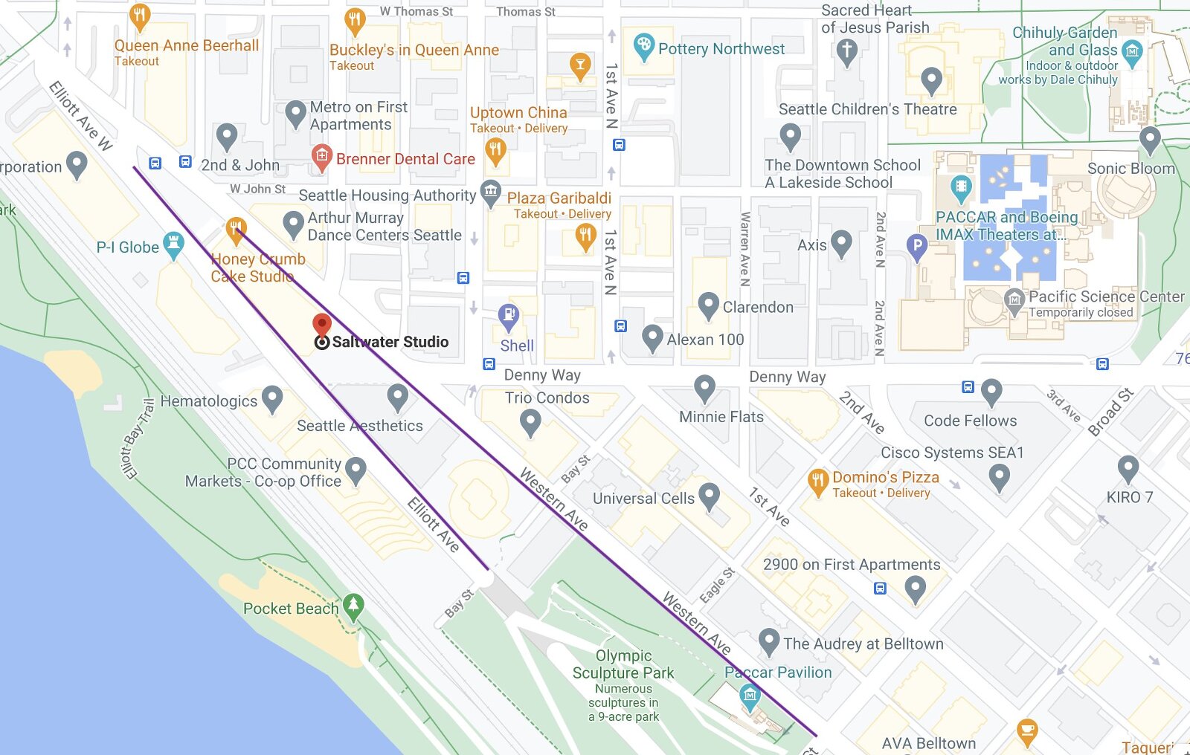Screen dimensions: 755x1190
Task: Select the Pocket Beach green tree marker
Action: [353, 606]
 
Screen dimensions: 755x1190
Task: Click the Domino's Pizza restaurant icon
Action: [817, 482]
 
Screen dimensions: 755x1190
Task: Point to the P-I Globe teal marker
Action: [173, 244]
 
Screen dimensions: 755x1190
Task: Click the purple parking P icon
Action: [917, 246]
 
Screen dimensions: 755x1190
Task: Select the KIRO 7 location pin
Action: [1128, 469]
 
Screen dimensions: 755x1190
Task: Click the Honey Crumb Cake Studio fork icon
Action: [236, 228]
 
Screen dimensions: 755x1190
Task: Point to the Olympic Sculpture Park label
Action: [623, 664]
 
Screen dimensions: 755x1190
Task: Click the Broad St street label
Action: [1110, 412]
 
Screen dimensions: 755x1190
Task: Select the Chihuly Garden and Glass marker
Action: [1132, 51]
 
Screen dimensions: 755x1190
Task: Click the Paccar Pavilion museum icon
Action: [750, 697]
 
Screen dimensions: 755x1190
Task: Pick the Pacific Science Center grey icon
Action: [1014, 301]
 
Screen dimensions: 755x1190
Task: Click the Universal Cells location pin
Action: [710, 496]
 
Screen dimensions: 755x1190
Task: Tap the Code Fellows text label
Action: [970, 421]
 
